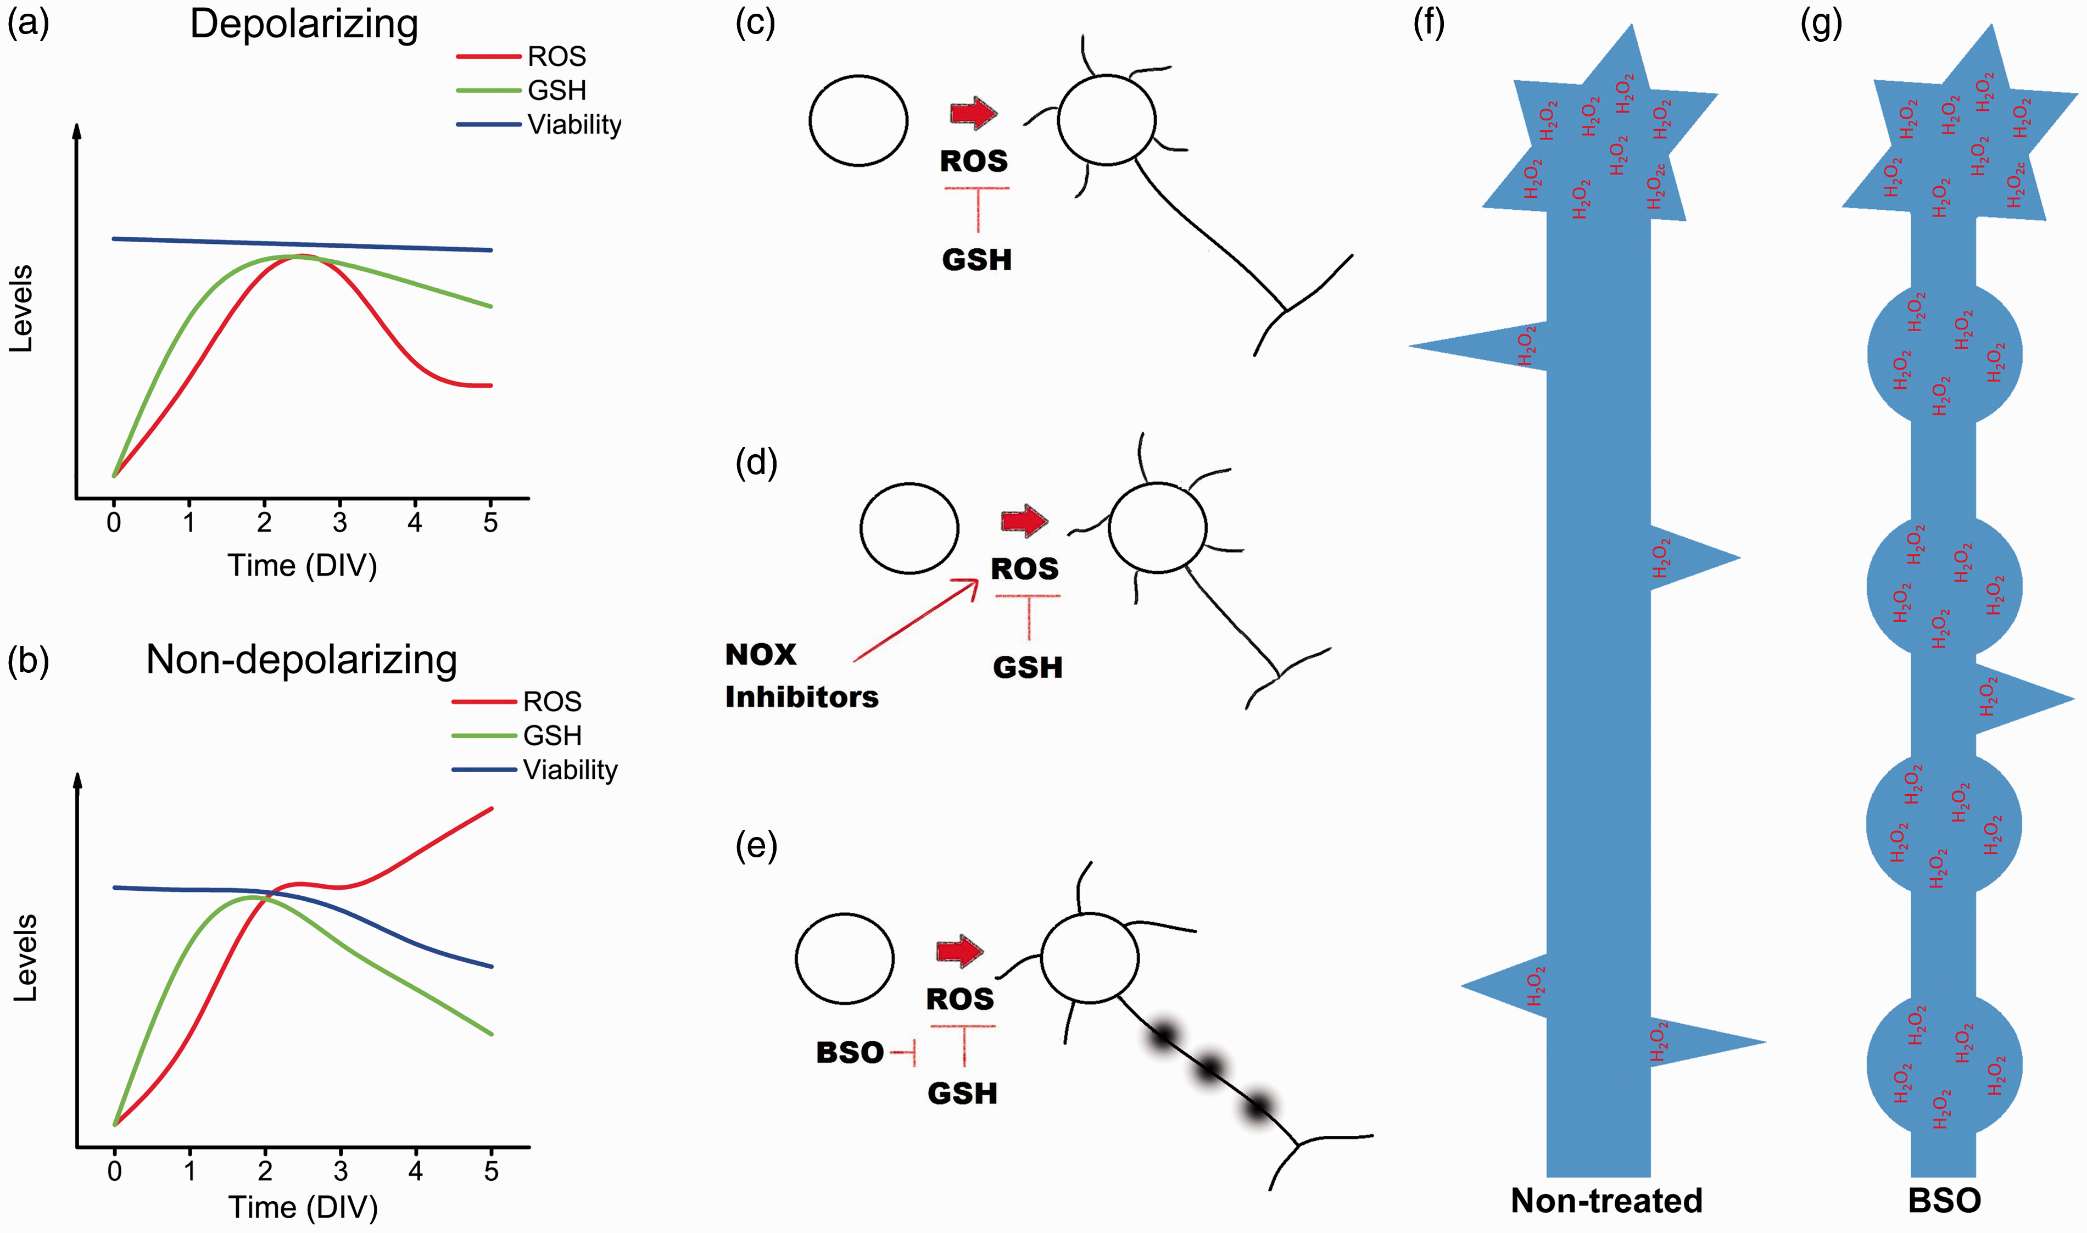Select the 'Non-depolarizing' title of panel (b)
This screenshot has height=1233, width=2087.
[x=302, y=661]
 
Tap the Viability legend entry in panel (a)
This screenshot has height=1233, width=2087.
[x=538, y=125]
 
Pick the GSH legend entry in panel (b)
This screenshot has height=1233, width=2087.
[x=517, y=735]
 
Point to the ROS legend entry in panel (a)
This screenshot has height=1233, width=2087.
[x=522, y=57]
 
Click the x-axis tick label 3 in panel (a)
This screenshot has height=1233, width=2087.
[x=340, y=523]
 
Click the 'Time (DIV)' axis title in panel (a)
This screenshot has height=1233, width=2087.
[x=303, y=566]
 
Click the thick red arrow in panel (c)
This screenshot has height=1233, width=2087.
[x=974, y=113]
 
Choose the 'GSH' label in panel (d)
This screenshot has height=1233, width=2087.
[x=1028, y=668]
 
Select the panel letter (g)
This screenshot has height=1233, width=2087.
[x=1821, y=25]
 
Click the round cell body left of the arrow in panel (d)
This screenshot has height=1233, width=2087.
[x=909, y=528]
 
